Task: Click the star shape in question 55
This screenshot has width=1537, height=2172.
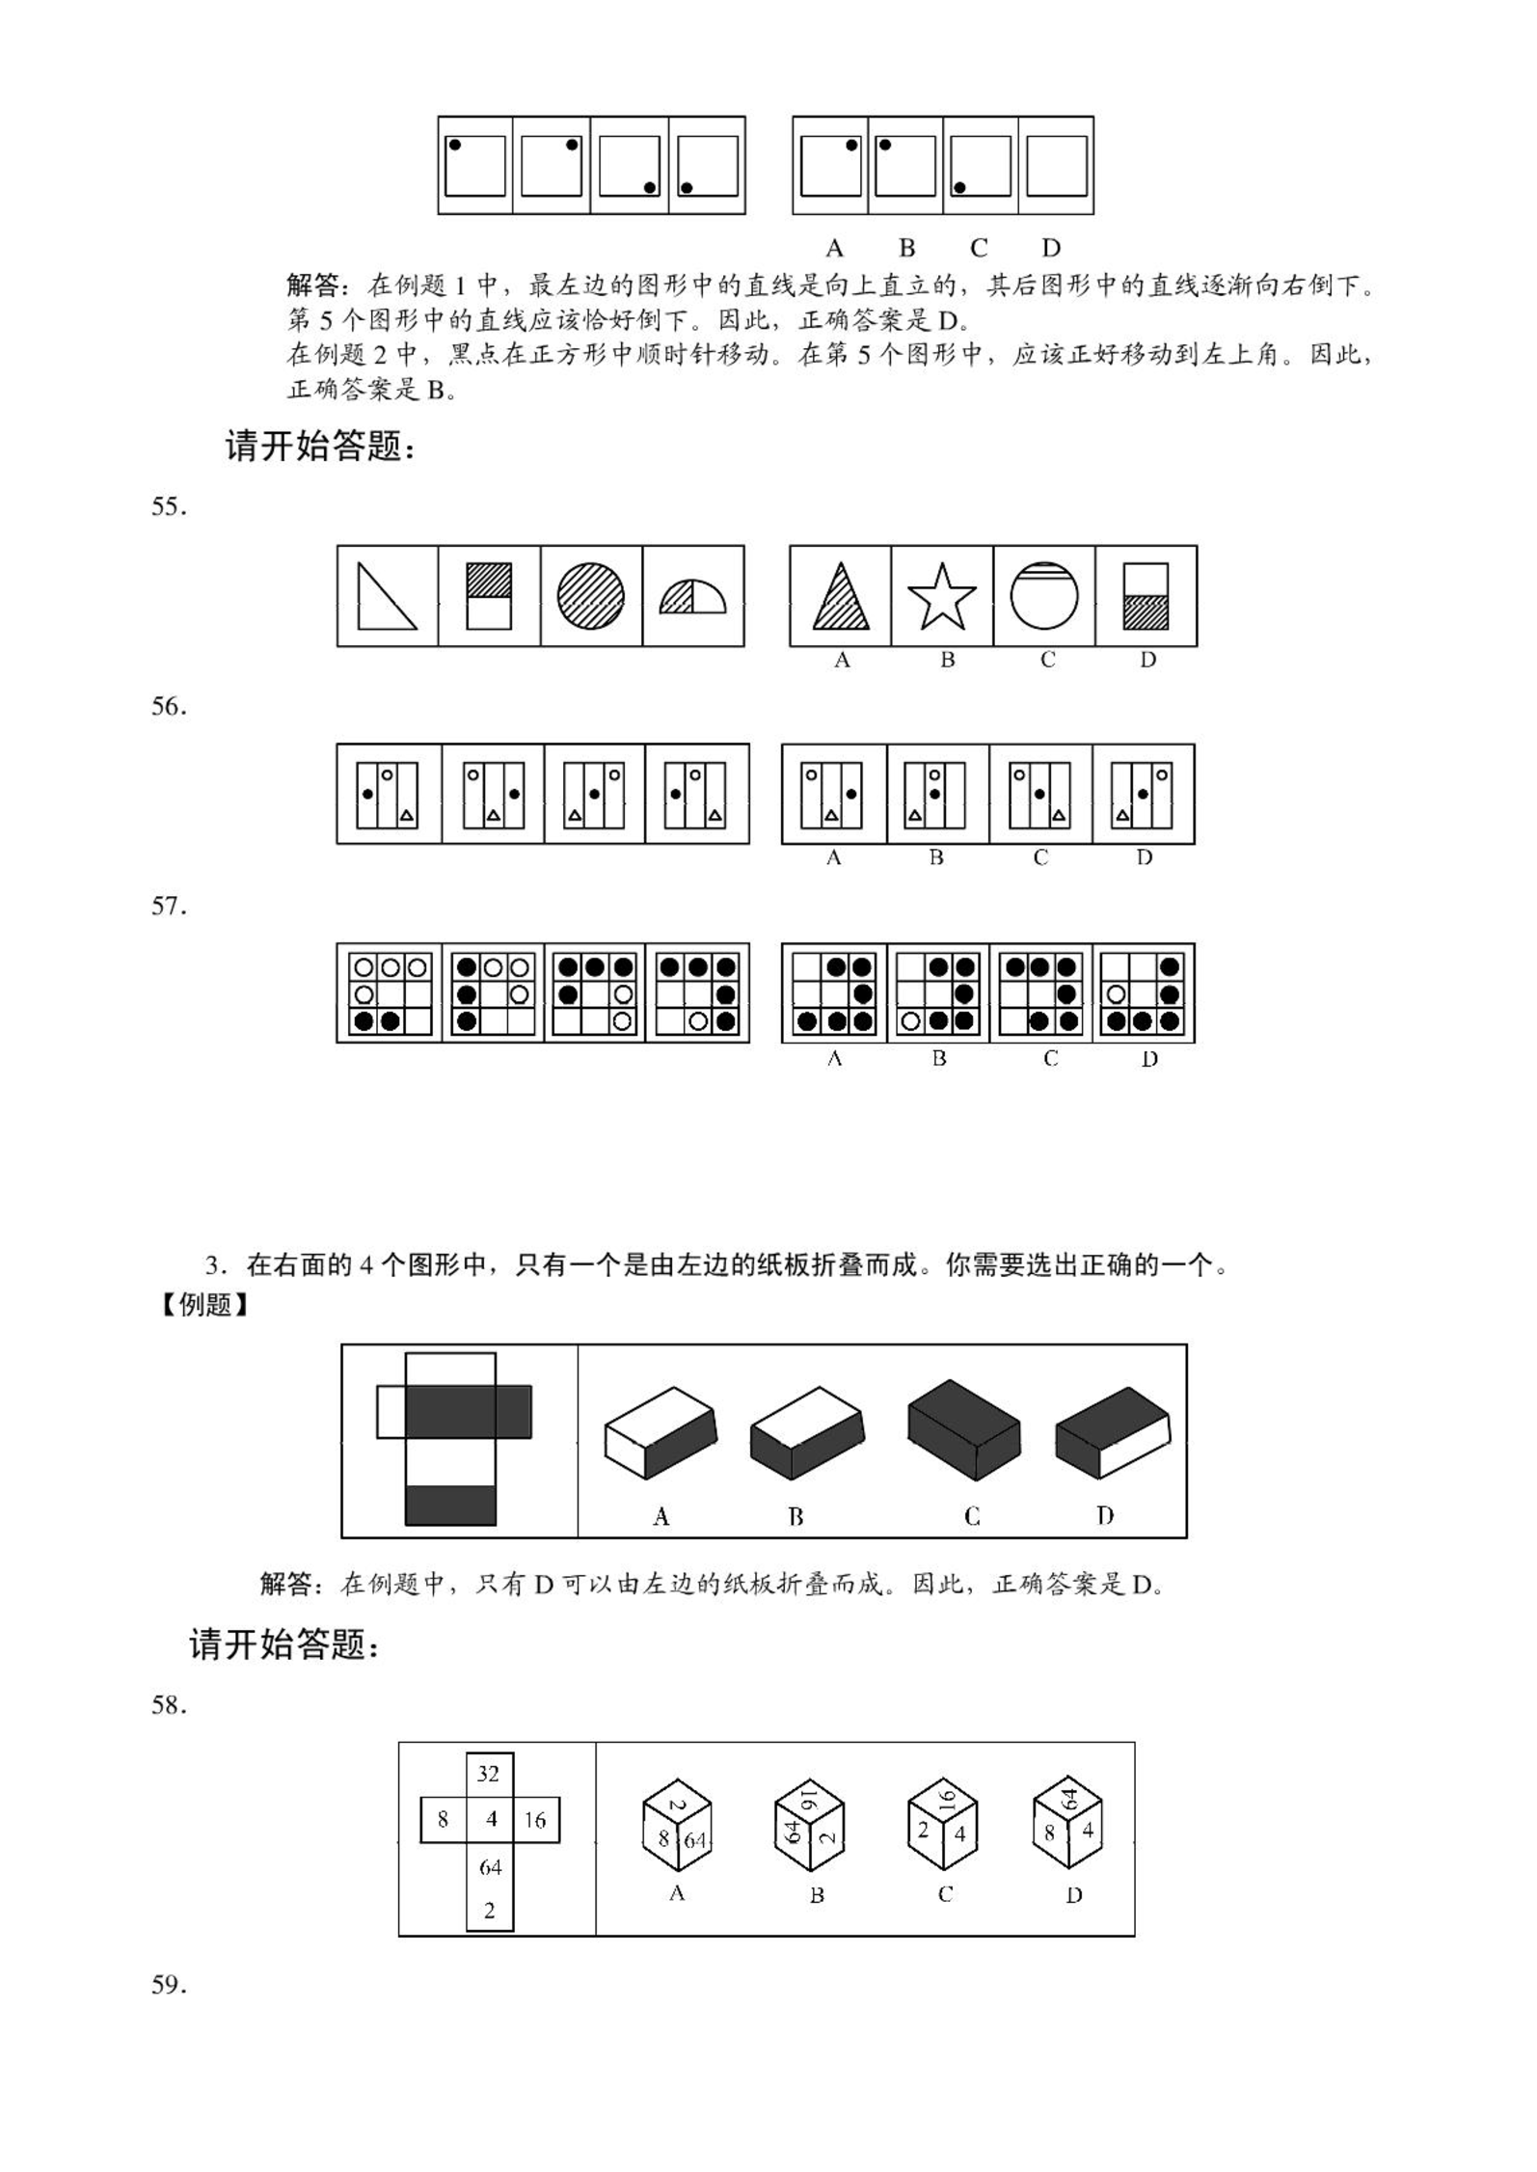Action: (x=942, y=596)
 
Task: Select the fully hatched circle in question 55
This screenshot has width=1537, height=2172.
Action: (x=590, y=596)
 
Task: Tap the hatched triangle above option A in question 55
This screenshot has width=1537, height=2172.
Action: (x=841, y=598)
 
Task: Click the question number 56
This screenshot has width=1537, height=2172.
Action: (x=169, y=707)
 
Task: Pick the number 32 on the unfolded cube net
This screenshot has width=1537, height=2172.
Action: (x=489, y=1774)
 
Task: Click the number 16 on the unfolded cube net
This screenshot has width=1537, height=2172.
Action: (x=535, y=1820)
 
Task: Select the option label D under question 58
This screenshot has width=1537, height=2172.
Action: (x=1073, y=1895)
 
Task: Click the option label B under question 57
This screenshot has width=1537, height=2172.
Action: (x=939, y=1059)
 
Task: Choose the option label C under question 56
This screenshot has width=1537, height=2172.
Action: (x=1040, y=857)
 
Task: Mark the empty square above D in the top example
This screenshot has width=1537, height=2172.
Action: (x=1057, y=166)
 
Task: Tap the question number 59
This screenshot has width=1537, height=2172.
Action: (x=169, y=1985)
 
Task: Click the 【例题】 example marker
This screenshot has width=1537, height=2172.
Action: (x=204, y=1306)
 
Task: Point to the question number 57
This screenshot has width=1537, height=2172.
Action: (x=169, y=907)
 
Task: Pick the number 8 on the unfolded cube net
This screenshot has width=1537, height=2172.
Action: (x=443, y=1820)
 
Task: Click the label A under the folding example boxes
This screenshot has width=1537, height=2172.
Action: (x=661, y=1517)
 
